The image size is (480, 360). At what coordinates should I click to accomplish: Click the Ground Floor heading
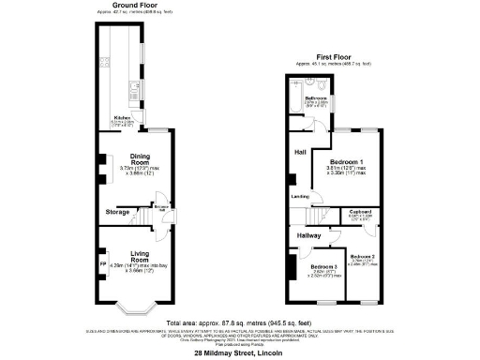pos(135,4)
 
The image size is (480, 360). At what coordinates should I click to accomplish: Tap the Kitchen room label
pos(122,117)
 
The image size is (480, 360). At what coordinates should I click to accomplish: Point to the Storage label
pos(117,212)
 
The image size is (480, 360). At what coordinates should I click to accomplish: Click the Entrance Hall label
pos(162,207)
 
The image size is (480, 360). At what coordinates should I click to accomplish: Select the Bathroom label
pos(315,97)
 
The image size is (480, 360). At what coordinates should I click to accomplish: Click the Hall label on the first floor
pos(300,151)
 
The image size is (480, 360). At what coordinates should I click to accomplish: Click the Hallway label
pos(309,235)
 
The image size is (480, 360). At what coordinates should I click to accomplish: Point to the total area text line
pos(239,322)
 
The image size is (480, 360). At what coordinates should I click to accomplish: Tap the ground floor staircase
pos(146,217)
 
